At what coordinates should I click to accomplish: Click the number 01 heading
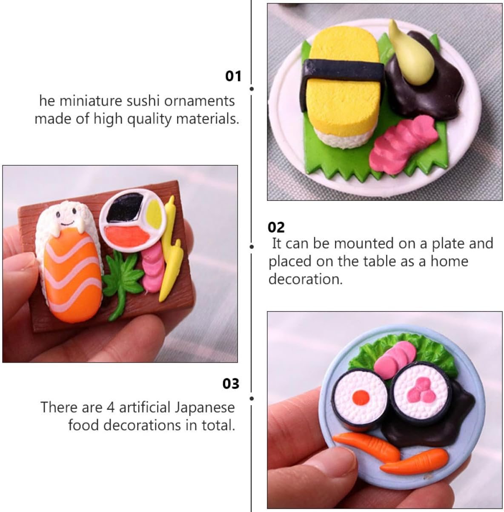(x=233, y=76)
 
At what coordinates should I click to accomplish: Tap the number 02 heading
(x=276, y=227)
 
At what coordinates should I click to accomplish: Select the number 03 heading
(x=231, y=383)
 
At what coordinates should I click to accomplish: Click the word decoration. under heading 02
(x=306, y=279)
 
